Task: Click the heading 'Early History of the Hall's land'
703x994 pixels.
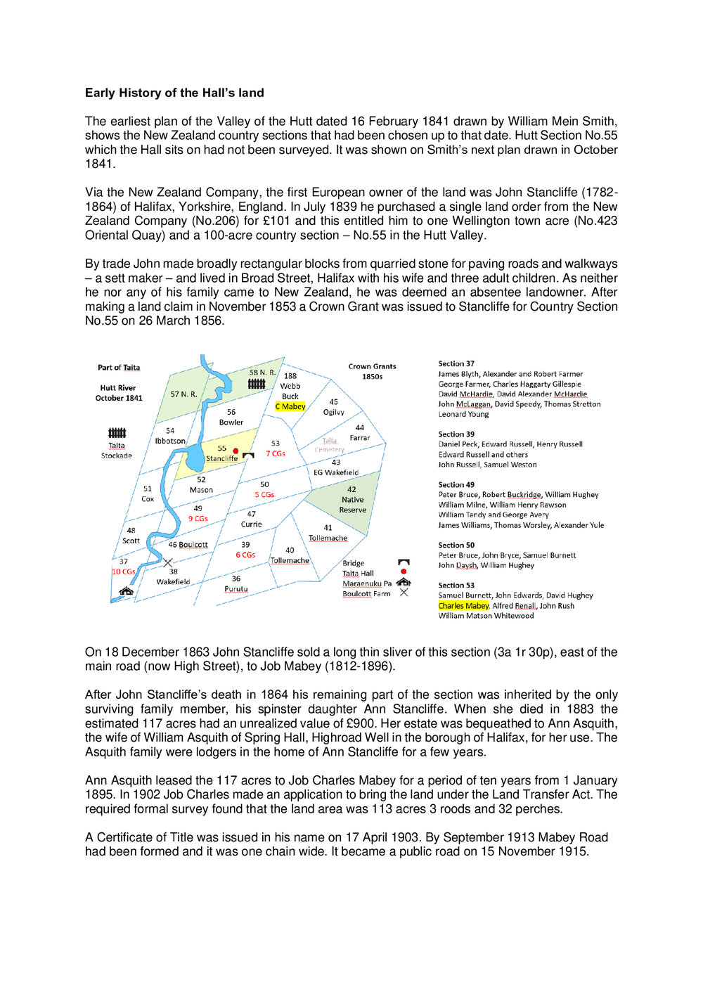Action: point(174,93)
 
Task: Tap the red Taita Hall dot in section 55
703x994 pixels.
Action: point(236,451)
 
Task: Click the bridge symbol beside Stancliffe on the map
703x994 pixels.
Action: point(248,456)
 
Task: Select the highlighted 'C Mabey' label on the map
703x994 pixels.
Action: point(290,406)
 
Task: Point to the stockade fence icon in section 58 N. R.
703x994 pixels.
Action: point(257,384)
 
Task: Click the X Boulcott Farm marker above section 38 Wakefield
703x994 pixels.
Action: point(167,562)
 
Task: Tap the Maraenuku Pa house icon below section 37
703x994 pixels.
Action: point(127,591)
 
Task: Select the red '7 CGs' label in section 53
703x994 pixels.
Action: point(276,453)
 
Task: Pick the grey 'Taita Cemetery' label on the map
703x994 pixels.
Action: point(330,445)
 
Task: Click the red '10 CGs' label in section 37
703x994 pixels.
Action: point(124,572)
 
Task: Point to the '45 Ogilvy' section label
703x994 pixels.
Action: point(334,407)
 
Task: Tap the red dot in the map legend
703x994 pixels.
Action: point(404,572)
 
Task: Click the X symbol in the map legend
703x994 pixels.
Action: point(404,593)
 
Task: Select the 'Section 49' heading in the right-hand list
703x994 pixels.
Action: point(456,485)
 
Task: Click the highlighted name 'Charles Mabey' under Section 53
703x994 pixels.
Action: point(463,605)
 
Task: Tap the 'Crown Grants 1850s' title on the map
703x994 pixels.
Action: point(372,371)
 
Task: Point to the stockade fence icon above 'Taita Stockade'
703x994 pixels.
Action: point(117,433)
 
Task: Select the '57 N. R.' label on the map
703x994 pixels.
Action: point(183,394)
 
